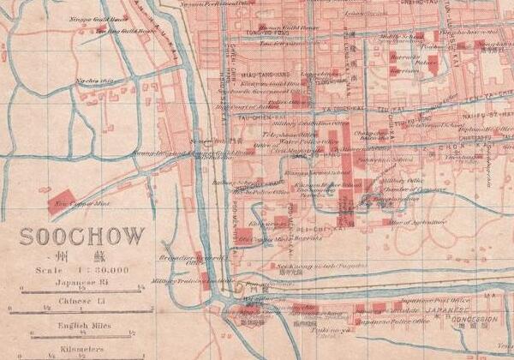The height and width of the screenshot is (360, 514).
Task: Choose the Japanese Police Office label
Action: tap(384, 321)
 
